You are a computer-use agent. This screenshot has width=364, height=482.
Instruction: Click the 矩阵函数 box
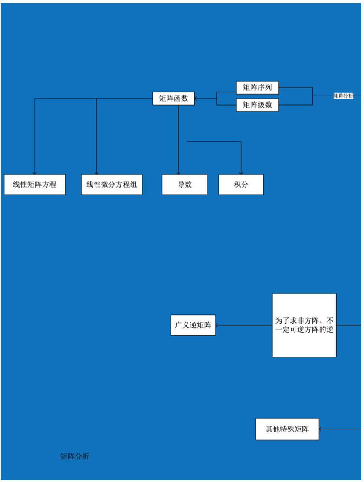click(174, 99)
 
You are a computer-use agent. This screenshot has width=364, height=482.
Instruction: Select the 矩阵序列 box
click(257, 88)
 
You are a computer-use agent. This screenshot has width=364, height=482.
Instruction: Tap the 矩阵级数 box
click(257, 105)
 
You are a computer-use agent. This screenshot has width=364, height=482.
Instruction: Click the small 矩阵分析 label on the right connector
click(343, 96)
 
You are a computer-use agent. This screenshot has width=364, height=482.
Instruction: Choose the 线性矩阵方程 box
click(35, 185)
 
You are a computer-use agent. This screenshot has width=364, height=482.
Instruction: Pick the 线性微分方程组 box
click(111, 185)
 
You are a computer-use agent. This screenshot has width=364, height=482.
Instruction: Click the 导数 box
click(184, 185)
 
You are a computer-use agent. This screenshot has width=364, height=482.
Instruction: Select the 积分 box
click(241, 185)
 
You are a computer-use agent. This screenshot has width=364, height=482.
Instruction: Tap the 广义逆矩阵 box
click(193, 325)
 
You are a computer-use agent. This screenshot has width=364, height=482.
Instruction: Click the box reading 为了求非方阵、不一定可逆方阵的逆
click(304, 325)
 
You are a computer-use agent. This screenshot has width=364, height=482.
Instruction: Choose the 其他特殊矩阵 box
click(287, 429)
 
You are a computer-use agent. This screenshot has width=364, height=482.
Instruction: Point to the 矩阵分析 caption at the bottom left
click(75, 456)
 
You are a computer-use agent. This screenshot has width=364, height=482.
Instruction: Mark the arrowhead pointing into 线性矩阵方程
click(35, 172)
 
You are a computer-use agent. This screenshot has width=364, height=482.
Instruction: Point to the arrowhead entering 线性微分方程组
click(97, 172)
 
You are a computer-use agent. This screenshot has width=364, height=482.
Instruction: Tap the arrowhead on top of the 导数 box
click(178, 172)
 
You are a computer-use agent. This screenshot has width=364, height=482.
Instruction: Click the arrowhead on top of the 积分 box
click(241, 172)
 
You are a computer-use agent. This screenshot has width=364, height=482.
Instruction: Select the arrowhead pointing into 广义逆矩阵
click(218, 325)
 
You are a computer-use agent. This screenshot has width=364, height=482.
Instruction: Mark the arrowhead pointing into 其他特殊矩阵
click(321, 429)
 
